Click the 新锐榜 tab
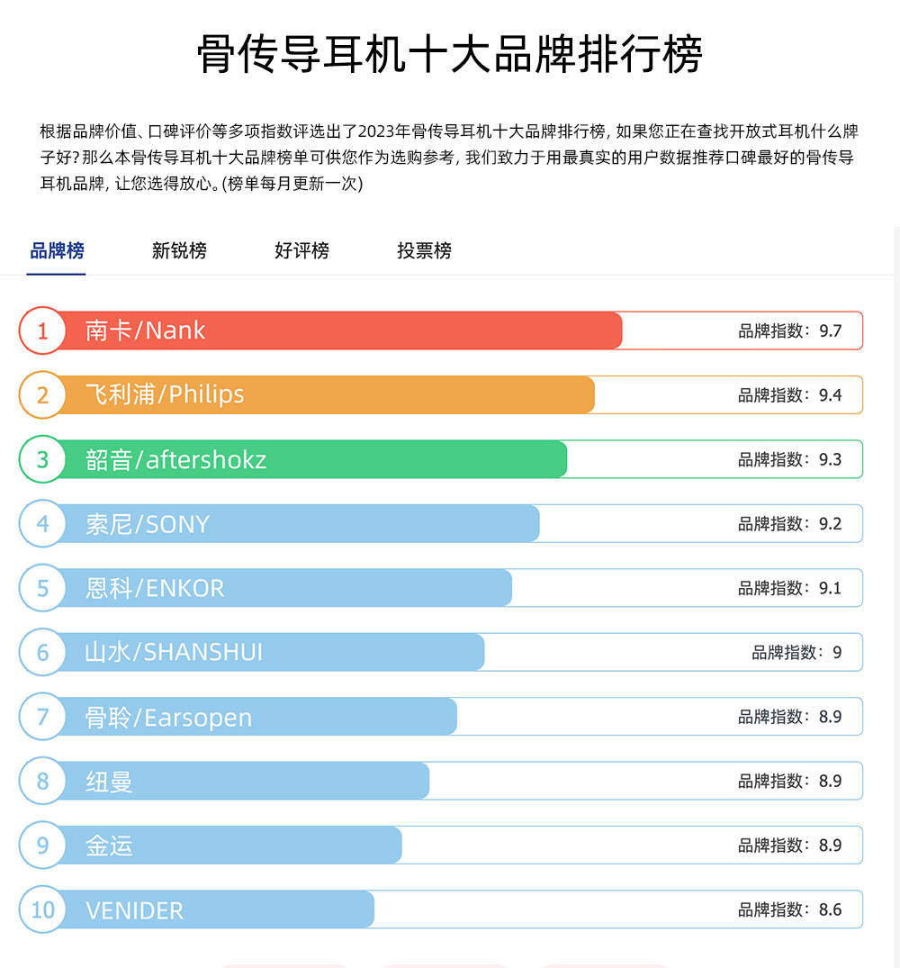tap(179, 250)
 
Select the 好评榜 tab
tap(301, 250)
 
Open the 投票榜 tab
tap(424, 250)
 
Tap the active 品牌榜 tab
tap(57, 250)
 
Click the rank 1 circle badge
tap(42, 330)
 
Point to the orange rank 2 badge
tap(42, 394)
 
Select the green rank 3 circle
tap(42, 459)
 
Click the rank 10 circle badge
tap(42, 909)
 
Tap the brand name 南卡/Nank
tap(145, 330)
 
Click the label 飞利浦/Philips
tap(165, 394)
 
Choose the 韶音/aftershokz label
tap(175, 459)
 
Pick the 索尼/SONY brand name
tap(147, 524)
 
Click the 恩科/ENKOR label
tap(155, 588)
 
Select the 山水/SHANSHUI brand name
tap(174, 652)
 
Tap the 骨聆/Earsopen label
tap(168, 718)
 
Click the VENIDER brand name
tap(134, 910)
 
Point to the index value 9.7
tap(830, 330)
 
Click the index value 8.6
tap(830, 909)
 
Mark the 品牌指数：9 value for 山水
tap(796, 652)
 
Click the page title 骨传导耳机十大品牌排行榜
tap(449, 55)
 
